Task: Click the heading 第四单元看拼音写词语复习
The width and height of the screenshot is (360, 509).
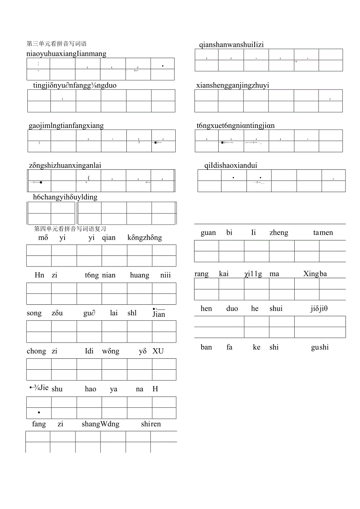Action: (70, 229)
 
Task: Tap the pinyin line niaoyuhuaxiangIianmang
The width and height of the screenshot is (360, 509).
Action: (67, 54)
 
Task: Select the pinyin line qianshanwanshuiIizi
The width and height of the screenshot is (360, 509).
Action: (231, 45)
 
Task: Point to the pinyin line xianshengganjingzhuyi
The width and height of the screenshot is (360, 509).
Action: (232, 85)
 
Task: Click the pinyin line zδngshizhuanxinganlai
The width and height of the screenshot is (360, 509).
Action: (65, 165)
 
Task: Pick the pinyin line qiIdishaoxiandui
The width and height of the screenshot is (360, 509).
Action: (230, 165)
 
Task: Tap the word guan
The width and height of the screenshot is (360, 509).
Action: (208, 233)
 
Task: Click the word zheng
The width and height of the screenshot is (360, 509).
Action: (279, 233)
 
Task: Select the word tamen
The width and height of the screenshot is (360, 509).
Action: (323, 233)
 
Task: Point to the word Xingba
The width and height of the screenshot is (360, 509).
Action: (315, 274)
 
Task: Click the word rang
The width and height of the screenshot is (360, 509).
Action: (202, 274)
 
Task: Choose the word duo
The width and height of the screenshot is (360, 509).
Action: (232, 309)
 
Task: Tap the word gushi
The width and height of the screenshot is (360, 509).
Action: (320, 347)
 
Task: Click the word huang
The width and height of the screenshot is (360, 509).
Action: (140, 275)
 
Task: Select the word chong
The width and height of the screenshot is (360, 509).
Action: (36, 351)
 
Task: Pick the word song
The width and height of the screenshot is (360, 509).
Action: (34, 313)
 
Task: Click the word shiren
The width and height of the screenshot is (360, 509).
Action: (151, 424)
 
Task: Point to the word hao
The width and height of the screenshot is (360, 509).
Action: (90, 389)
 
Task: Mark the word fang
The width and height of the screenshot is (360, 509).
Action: (39, 424)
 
